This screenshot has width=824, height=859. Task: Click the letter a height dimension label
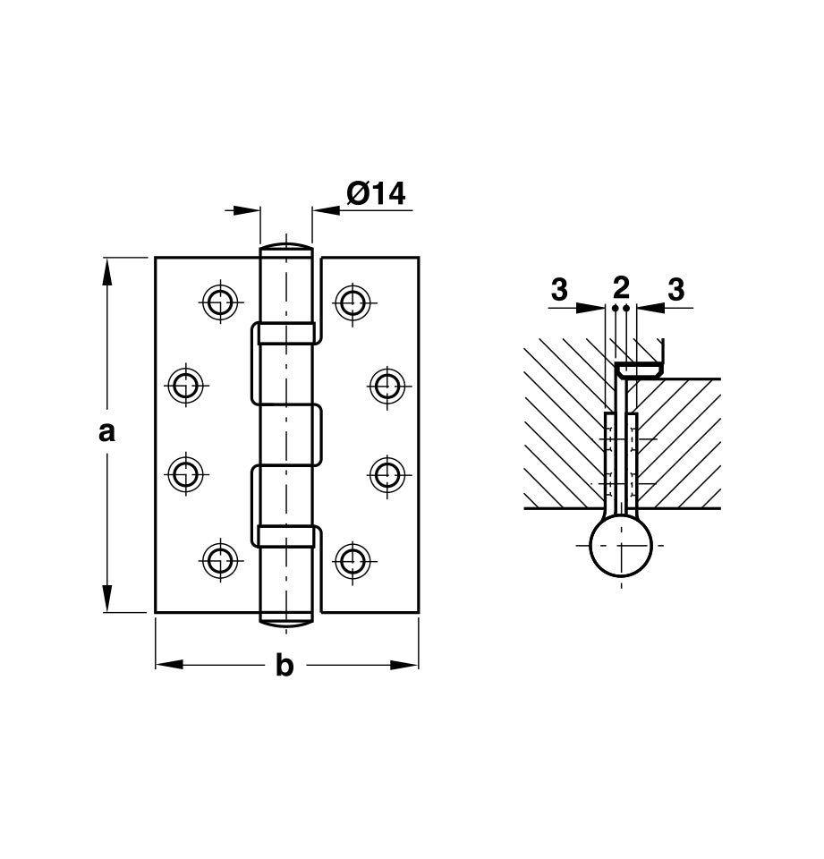(106, 432)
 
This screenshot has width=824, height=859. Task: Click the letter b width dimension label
(285, 666)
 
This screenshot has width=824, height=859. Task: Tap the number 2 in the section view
(621, 287)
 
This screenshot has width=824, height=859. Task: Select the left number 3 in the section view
(559, 290)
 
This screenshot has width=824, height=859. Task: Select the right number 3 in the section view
(676, 290)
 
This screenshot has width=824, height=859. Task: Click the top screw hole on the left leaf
(218, 302)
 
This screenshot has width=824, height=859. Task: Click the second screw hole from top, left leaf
(185, 386)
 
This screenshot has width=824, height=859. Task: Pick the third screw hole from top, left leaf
(185, 473)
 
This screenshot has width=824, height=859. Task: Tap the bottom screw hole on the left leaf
(218, 560)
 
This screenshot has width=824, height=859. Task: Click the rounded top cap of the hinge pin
(286, 247)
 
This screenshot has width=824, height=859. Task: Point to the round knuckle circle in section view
(621, 547)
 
